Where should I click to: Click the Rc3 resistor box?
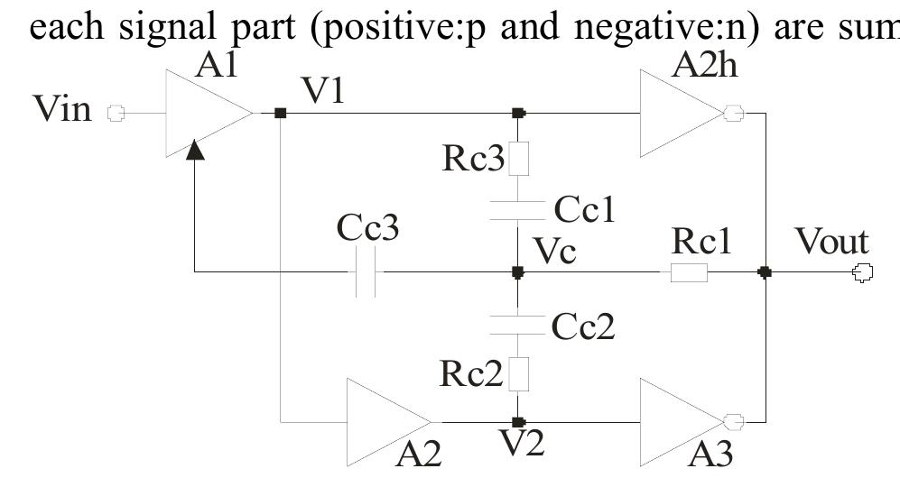(518, 159)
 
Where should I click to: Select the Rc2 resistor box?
(518, 373)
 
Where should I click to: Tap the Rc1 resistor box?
(689, 271)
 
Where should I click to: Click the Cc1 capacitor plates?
(517, 210)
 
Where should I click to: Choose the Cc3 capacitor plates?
(366, 271)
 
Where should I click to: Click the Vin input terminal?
(115, 114)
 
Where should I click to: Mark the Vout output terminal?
(863, 271)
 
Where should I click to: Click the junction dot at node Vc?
(517, 271)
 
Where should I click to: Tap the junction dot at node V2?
(517, 421)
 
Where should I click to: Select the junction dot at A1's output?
(280, 114)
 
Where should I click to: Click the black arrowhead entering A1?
(195, 150)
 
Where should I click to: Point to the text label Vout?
(830, 242)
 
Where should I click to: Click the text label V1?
(323, 91)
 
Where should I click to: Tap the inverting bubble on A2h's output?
(733, 114)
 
